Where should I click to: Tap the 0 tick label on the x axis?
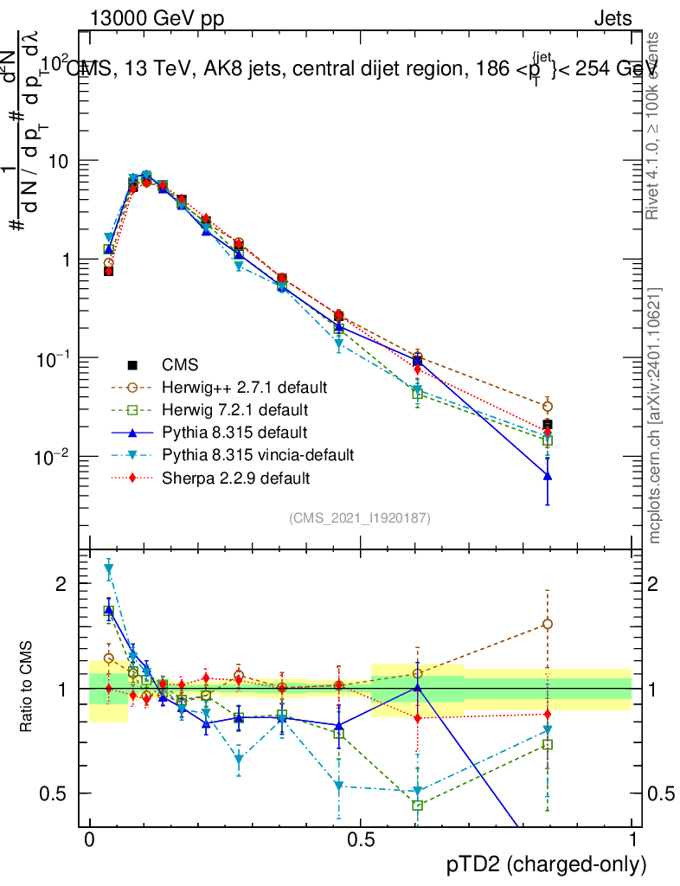[x=89, y=839]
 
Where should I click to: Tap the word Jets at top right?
[x=612, y=18]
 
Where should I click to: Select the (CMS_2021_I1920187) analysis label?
[x=360, y=517]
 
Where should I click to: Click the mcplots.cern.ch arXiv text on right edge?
[x=655, y=415]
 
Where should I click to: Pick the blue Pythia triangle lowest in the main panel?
[x=547, y=476]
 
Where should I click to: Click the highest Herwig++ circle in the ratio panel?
[x=547, y=624]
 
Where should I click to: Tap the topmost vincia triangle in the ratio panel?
[x=108, y=569]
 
